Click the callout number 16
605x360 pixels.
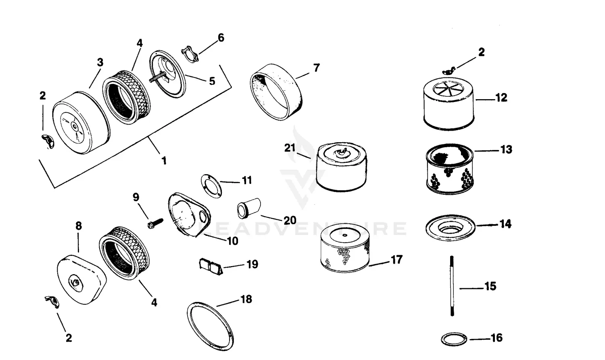pos(497,338)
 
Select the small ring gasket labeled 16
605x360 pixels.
pos(453,338)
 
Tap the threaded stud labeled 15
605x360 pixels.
pos(452,286)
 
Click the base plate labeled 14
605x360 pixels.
pos(450,227)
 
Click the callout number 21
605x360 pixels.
pos(290,148)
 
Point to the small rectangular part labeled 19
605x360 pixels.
pos(211,266)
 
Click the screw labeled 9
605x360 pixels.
pos(155,222)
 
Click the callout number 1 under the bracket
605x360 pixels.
pos(164,160)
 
